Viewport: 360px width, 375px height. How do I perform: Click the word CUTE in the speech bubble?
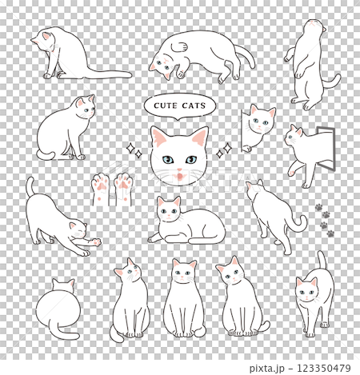tap(166, 106)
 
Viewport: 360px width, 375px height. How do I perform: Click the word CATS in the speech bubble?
tap(194, 106)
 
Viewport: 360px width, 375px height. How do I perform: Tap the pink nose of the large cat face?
tap(179, 170)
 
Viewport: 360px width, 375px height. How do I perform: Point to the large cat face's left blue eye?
tap(168, 160)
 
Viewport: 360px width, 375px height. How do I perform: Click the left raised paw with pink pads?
tap(100, 189)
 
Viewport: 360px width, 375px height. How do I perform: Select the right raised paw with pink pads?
tap(123, 189)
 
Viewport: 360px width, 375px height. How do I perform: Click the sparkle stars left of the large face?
tap(134, 150)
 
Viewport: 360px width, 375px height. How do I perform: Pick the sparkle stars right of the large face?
tap(224, 150)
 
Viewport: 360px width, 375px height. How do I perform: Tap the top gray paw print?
tap(318, 207)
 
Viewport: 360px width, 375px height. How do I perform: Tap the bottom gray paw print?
tap(330, 233)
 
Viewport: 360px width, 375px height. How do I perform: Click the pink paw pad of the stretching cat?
tap(96, 242)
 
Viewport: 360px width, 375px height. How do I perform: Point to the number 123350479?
tap(324, 368)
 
